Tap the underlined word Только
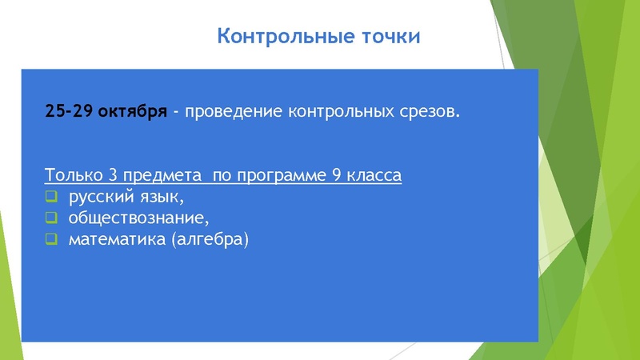74,175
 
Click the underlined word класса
374,175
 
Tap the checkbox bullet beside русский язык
51,197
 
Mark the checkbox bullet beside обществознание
51,218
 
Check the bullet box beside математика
51,238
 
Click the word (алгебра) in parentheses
210,238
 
